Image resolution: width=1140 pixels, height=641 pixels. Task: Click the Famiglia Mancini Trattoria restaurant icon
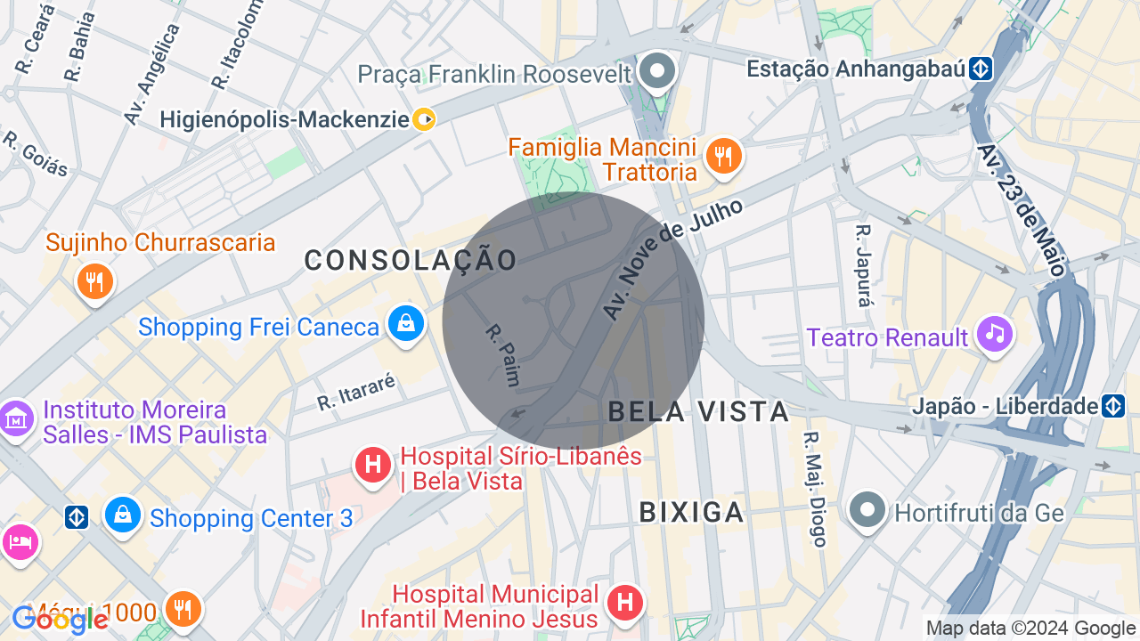point(723,158)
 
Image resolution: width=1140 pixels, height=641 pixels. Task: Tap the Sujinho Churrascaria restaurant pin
point(94,280)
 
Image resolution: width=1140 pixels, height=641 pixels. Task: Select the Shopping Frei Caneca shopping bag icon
point(405,324)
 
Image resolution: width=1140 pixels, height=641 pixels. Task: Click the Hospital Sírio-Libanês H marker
point(373,465)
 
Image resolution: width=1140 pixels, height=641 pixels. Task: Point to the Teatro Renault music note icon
point(995,334)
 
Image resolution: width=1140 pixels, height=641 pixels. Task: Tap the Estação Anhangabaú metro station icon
point(981,69)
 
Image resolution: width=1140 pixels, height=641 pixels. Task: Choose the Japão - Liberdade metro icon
point(1113,407)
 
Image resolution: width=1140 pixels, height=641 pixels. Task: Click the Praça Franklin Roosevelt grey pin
point(658,70)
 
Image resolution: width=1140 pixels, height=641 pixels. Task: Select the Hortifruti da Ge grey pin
point(867,510)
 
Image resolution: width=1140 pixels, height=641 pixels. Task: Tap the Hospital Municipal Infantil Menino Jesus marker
point(625,603)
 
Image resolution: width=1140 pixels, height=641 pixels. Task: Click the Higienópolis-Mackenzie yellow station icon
point(425,119)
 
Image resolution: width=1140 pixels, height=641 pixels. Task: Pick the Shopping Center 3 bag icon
point(123,515)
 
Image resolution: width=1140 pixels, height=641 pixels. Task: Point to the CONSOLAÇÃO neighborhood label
point(411,260)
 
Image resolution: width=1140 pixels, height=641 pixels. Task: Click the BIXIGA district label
point(691,512)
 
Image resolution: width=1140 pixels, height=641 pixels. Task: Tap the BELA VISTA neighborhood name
point(699,411)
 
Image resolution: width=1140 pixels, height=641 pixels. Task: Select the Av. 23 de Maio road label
point(1022,209)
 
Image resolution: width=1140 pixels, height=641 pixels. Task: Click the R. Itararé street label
point(356,393)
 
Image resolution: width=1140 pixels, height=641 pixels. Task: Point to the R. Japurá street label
point(863,265)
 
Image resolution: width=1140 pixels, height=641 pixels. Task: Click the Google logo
point(61,618)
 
